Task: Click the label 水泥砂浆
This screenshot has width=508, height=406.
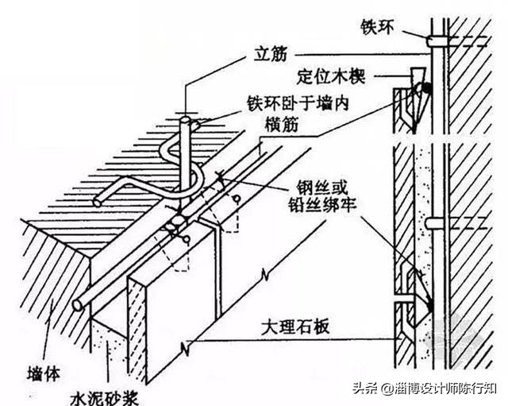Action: [96, 394]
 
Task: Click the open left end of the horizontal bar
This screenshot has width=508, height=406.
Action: [78, 305]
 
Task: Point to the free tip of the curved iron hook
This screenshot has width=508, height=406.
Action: [97, 202]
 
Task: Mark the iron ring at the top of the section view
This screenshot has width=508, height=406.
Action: [437, 40]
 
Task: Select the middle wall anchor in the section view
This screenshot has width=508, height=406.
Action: [435, 223]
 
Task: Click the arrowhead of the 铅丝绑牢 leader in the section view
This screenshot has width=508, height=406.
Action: [428, 306]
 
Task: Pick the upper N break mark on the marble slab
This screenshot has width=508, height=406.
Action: [266, 276]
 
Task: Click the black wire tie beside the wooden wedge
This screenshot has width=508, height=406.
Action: [427, 89]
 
